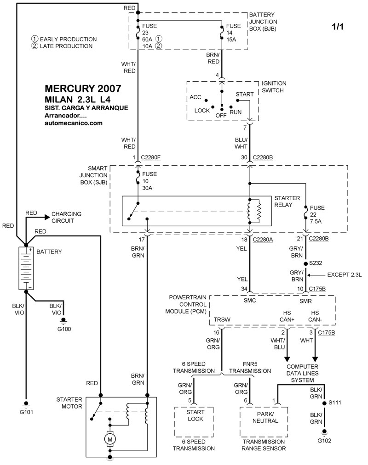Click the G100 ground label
tap(64, 329)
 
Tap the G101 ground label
tap(26, 412)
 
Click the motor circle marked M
tap(110, 439)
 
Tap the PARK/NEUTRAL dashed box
tap(264, 422)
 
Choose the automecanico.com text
tap(73, 123)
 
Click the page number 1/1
tap(337, 27)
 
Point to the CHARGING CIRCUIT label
tap(66, 218)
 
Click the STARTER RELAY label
tap(287, 202)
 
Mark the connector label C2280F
tap(151, 157)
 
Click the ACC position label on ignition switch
tap(195, 97)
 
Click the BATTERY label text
tap(49, 252)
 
